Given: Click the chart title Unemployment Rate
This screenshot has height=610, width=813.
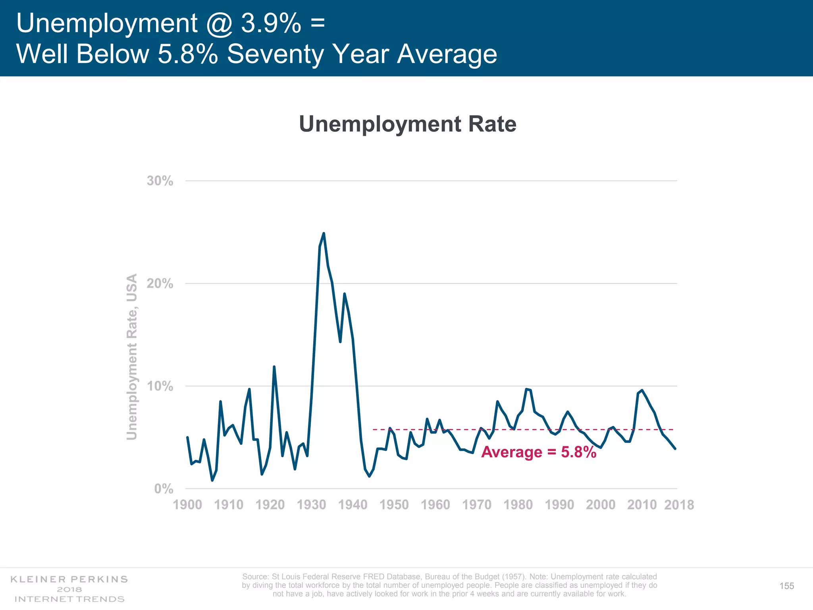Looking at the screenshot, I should point(407,124).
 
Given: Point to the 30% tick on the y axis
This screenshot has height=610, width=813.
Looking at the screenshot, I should point(160,181).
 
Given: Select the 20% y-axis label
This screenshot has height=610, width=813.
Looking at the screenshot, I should point(160,284).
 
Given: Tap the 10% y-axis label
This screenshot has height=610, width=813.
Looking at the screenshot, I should point(160,386).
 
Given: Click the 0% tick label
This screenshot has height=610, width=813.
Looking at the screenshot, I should point(164,488).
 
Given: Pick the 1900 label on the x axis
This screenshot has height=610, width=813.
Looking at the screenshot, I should point(187,505).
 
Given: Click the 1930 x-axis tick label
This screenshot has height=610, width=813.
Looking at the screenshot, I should point(311,505).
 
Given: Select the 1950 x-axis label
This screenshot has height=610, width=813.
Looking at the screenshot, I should point(394,505).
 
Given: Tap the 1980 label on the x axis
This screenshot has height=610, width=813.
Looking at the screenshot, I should point(518,505).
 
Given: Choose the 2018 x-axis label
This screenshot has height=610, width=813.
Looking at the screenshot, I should point(679,505).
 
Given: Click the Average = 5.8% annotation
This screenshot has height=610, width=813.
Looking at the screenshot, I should point(538,452).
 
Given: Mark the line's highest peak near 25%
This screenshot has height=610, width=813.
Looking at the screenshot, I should point(324,233).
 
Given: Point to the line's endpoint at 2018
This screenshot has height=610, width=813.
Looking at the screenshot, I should point(675,448).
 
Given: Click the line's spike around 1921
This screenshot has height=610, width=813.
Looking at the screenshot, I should point(274,367).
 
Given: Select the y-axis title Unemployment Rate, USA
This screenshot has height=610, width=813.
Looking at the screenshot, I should point(132,357).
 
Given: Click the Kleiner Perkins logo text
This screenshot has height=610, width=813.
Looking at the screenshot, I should point(69,579).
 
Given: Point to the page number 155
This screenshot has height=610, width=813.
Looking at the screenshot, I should point(786,586).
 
